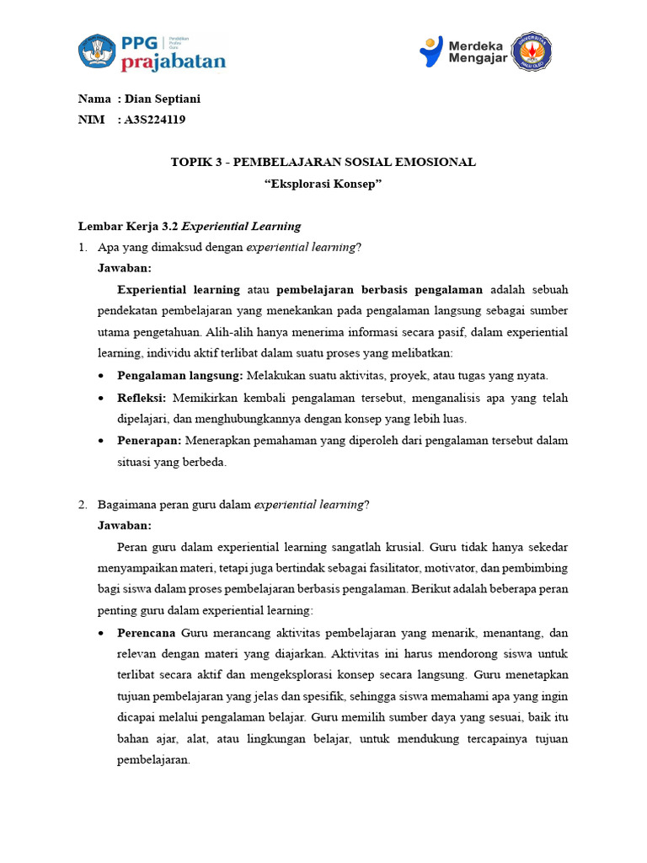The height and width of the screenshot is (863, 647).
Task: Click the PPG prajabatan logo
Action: tap(152, 52)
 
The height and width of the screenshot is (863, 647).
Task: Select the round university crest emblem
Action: tap(535, 51)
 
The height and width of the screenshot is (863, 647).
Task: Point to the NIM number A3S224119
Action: tap(155, 120)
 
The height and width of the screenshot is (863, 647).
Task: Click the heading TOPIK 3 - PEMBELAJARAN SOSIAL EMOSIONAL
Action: tap(323, 162)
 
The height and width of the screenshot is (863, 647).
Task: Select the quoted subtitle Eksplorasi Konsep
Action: tap(323, 183)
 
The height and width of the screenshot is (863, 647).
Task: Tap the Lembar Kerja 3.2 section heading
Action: tap(189, 226)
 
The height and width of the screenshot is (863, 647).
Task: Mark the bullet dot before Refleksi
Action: tap(102, 398)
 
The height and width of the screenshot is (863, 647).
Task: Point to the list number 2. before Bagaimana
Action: tap(83, 504)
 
